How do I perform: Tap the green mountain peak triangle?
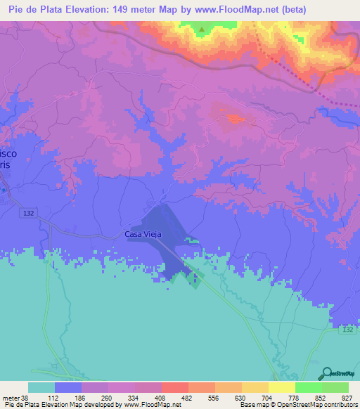[x=202, y=30]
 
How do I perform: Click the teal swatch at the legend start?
[x=41, y=387]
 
